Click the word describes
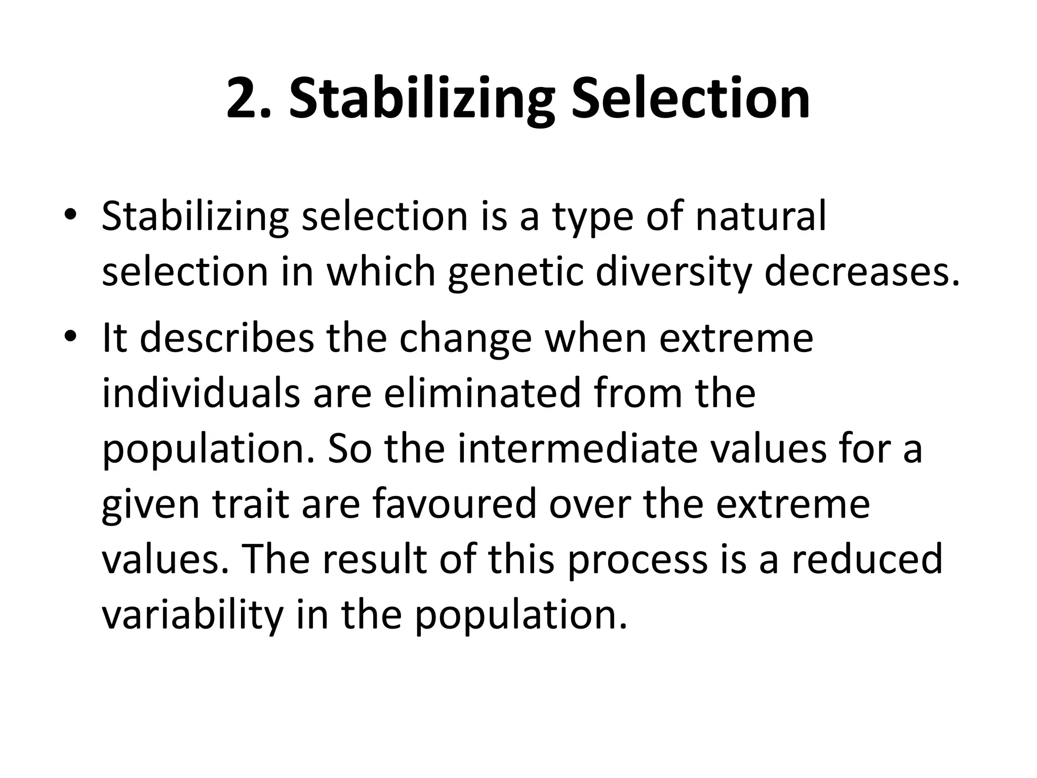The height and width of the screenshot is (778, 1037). pos(226,338)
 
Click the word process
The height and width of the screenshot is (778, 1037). pos(637,561)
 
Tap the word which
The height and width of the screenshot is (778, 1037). pos(380,272)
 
